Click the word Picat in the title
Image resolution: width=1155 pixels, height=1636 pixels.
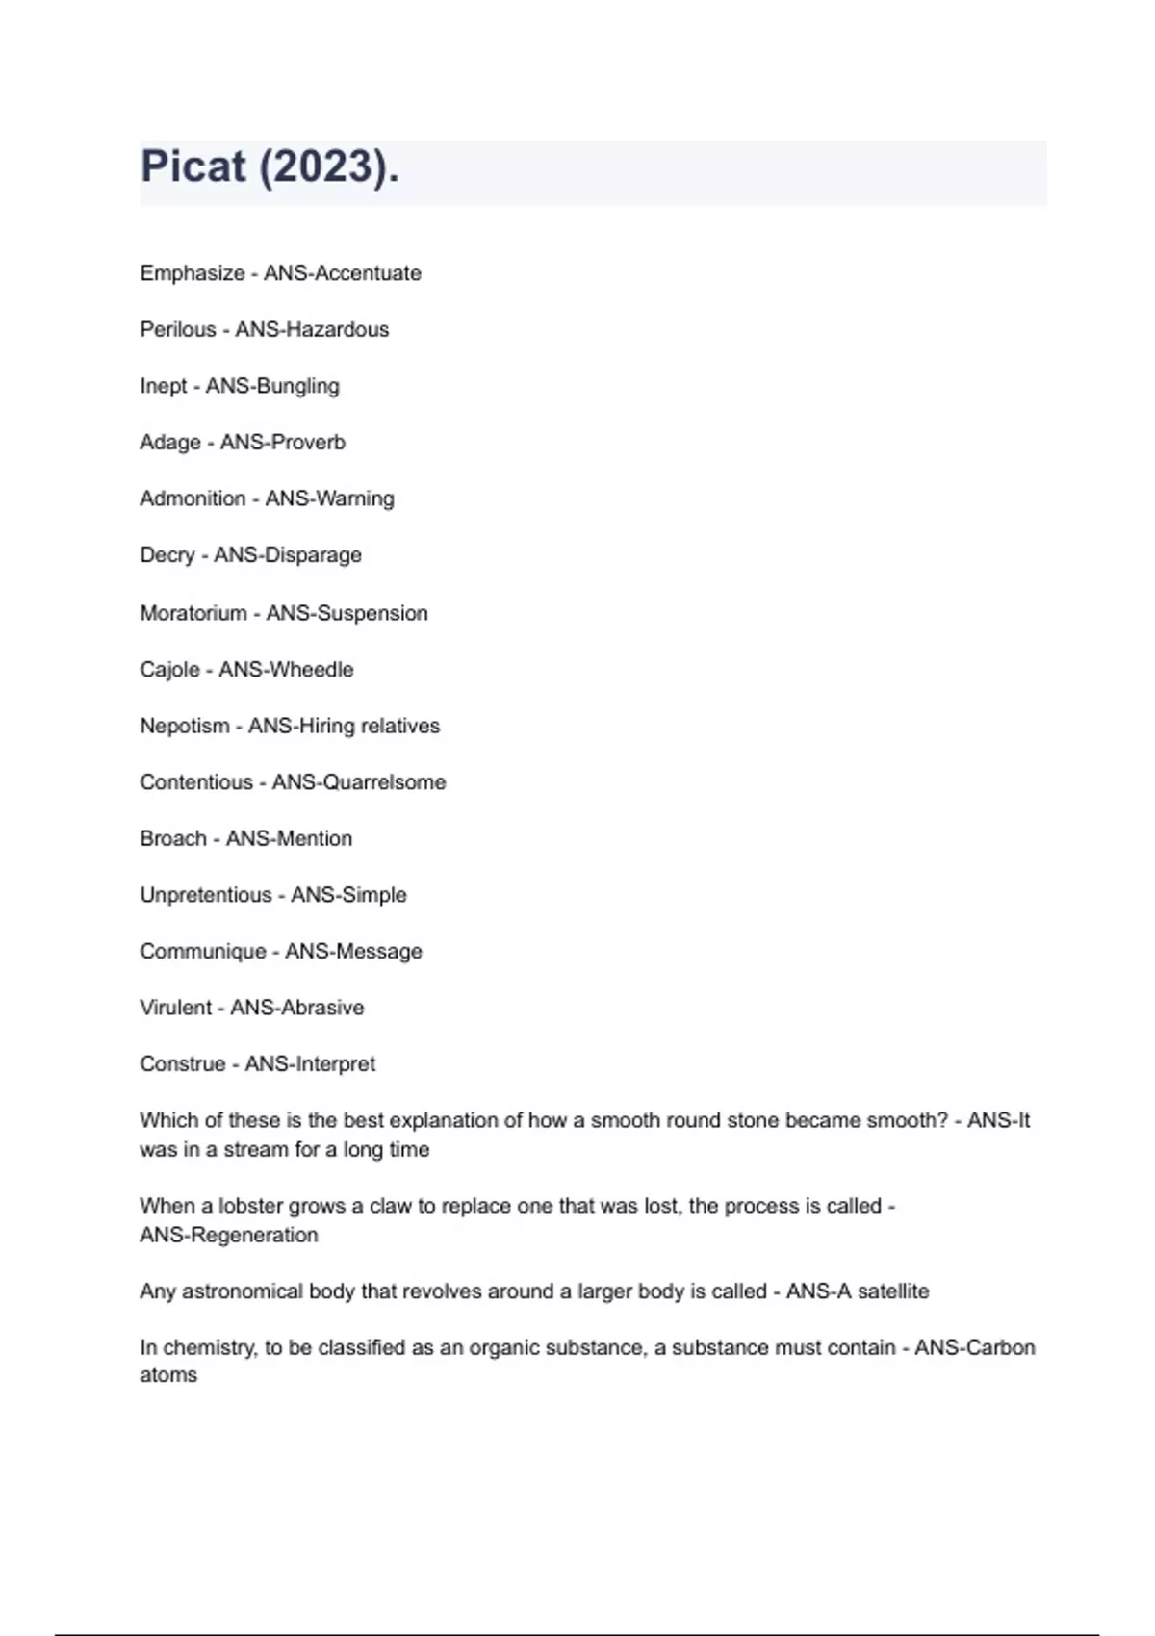pos(193,166)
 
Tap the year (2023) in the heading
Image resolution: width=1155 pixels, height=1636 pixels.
pos(327,166)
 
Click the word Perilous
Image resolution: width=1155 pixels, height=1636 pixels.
pos(178,329)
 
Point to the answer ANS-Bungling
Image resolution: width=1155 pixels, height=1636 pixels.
pos(272,386)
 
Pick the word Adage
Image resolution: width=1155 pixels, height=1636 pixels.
pos(170,442)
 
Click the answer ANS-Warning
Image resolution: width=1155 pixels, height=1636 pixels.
pos(329,498)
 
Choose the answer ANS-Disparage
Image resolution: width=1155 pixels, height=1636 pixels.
pos(288,555)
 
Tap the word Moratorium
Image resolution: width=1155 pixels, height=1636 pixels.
pos(193,613)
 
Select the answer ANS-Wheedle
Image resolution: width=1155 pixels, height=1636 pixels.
pos(286,669)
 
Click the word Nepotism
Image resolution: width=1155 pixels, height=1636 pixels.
pos(185,726)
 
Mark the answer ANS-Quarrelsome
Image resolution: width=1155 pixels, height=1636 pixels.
pos(359,781)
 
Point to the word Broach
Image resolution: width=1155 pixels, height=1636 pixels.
pos(173,838)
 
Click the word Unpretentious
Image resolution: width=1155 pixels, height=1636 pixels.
pos(206,895)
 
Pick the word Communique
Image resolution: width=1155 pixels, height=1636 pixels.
pos(203,951)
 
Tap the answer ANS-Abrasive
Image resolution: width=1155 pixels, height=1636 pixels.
pos(297,1008)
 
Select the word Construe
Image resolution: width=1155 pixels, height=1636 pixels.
pos(183,1063)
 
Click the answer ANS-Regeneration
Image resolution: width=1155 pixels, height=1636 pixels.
pos(229,1235)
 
